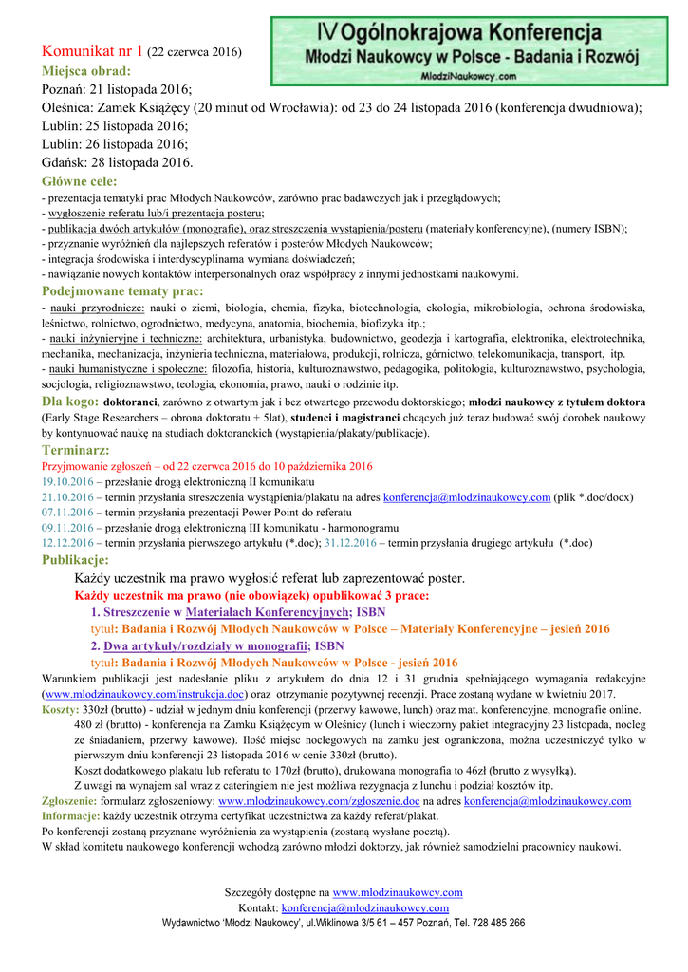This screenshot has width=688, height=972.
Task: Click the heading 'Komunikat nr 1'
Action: point(92,51)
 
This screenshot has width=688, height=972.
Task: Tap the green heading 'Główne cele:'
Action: point(80,180)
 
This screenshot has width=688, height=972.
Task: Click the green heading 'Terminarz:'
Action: point(76,449)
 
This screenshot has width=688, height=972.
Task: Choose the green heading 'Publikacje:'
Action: point(76,559)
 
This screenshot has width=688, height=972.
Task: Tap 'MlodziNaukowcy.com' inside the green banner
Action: point(468,76)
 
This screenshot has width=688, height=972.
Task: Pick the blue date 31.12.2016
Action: point(377,543)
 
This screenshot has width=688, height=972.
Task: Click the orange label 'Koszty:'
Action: point(61,709)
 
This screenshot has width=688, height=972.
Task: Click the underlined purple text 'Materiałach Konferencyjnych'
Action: point(268,613)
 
